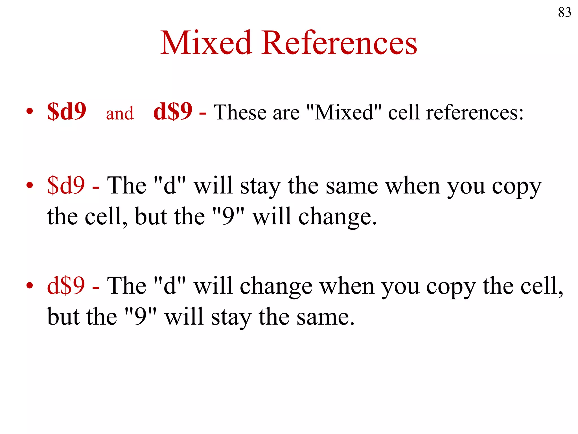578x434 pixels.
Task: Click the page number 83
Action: click(x=564, y=12)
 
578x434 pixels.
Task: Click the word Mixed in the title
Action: click(x=206, y=43)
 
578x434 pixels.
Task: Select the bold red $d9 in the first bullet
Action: click(x=67, y=111)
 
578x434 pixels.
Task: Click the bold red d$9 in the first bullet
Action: click(x=173, y=111)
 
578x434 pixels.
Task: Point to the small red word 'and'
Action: click(x=120, y=113)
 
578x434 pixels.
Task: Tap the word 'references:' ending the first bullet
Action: click(x=474, y=112)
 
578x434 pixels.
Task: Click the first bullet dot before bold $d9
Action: click(x=30, y=111)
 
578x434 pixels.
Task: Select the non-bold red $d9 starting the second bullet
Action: click(x=66, y=185)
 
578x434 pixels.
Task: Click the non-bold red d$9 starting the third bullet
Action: click(x=66, y=285)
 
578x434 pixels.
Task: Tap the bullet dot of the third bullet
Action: click(x=30, y=285)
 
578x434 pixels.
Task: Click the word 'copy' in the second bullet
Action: click(x=516, y=187)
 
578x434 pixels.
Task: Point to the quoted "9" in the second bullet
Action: click(x=228, y=216)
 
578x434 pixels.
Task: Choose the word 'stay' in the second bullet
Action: click(x=260, y=187)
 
